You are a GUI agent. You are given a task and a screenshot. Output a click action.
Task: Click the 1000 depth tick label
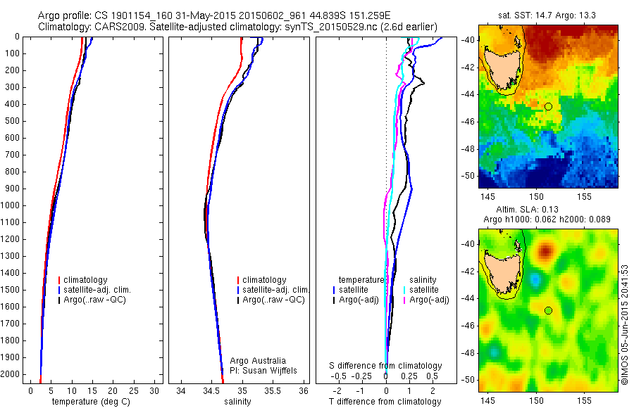[11, 206]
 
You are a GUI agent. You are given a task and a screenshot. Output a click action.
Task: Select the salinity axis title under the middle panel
[236, 402]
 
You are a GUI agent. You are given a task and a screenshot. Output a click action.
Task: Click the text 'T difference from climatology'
[385, 402]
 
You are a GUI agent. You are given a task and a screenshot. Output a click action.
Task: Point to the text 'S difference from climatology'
[386, 366]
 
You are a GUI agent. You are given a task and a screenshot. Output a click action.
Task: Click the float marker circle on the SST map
[547, 106]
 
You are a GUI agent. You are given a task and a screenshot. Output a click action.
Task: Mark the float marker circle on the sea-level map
[547, 310]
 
